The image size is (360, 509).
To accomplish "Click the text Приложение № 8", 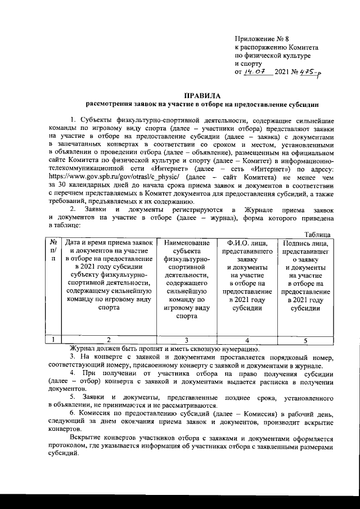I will point(261,39).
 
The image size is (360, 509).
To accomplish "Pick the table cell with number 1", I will point(53,340).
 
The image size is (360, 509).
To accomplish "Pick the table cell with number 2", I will point(109,340).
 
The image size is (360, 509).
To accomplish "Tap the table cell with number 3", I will point(187,340).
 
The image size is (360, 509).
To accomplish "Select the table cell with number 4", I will point(247,340).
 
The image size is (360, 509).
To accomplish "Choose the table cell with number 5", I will point(305,340).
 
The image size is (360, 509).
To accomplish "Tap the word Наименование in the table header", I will point(187,242).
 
